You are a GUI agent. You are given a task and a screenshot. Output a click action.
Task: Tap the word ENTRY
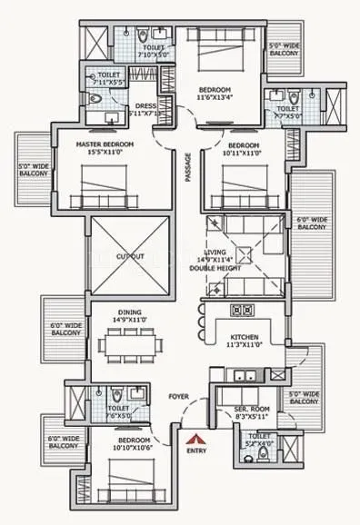tap(195, 450)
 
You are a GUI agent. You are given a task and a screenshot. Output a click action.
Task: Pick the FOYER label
tap(177, 397)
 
